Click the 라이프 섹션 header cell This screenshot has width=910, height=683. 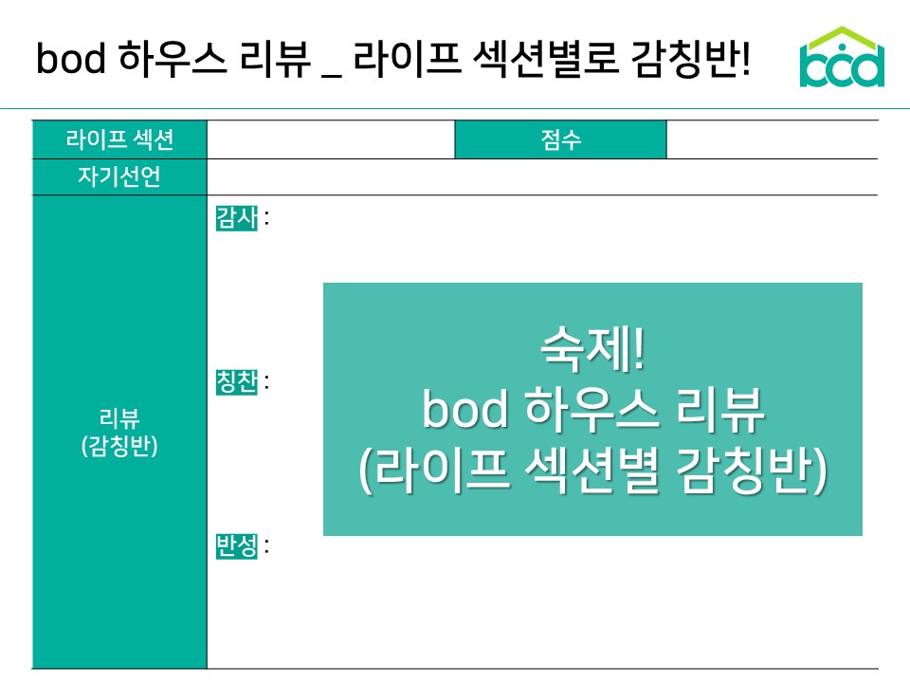point(119,140)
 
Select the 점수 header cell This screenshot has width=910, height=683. point(560,140)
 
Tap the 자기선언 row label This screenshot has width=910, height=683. point(119,177)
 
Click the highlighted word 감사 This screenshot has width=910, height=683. point(236,218)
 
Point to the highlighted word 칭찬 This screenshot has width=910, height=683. point(236,382)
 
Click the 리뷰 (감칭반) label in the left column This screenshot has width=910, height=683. point(119,432)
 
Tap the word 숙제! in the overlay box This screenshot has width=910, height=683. point(592,352)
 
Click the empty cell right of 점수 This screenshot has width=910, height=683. point(772,140)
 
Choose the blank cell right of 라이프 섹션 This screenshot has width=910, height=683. point(331,140)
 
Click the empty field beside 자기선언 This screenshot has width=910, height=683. point(541,177)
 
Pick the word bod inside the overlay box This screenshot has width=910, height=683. point(465,412)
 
